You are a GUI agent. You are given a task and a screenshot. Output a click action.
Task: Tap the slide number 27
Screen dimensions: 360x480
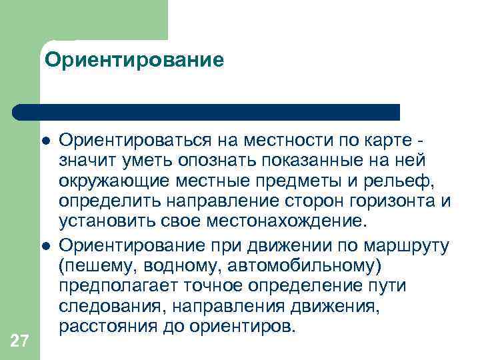pyautogui.click(x=20, y=342)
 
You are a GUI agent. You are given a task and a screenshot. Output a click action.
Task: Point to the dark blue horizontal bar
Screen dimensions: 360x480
pyautogui.click(x=207, y=111)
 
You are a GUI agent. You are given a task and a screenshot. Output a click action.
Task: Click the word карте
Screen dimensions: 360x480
pyautogui.click(x=389, y=140)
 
